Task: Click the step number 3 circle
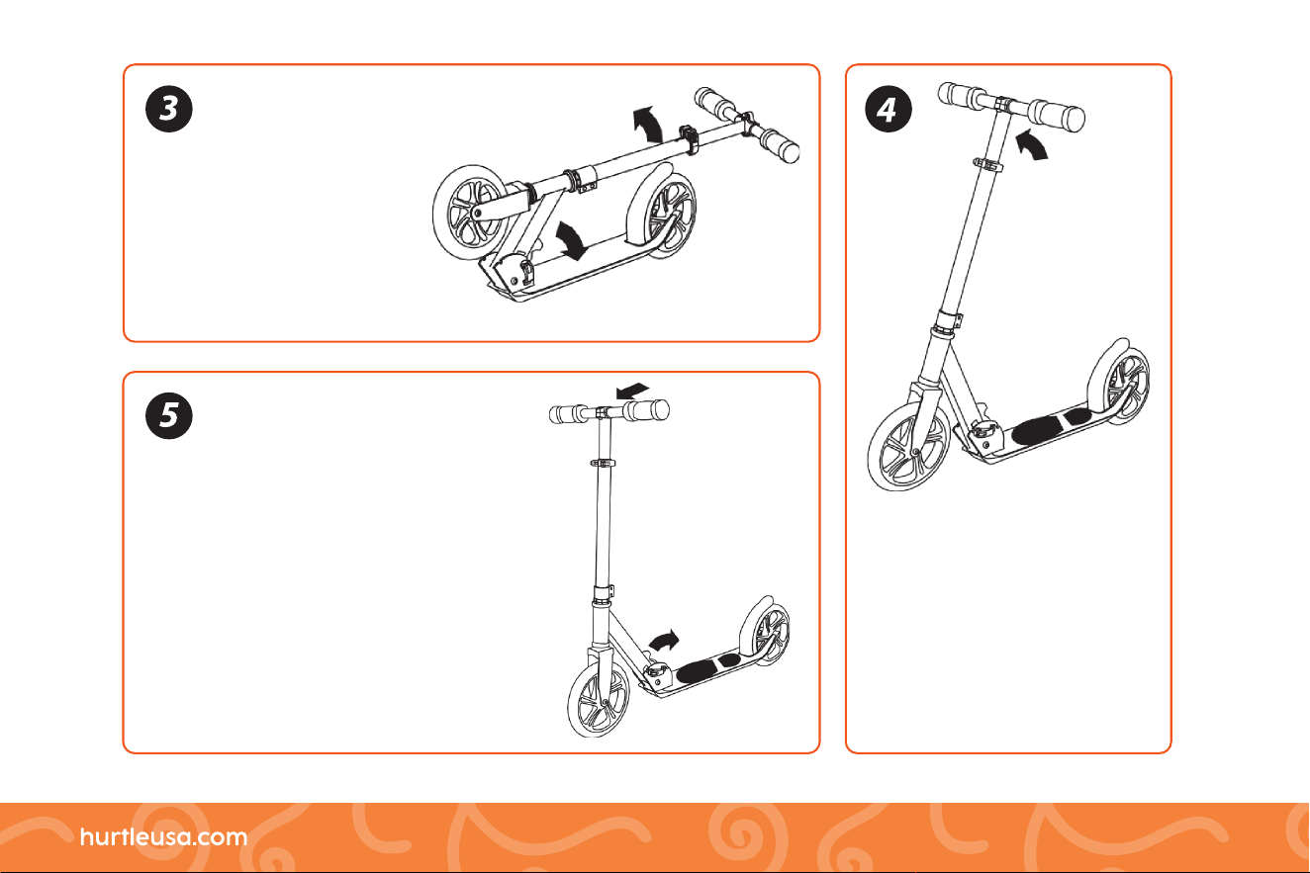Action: pyautogui.click(x=169, y=109)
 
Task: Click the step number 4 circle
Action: pyautogui.click(x=889, y=109)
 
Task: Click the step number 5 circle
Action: pyautogui.click(x=169, y=415)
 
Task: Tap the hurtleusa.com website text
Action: pyautogui.click(x=164, y=836)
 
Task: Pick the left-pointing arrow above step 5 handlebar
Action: pyautogui.click(x=633, y=391)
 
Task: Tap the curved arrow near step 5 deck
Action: pyautogui.click(x=665, y=641)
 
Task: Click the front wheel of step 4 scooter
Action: pyautogui.click(x=909, y=446)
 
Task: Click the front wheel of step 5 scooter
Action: pyautogui.click(x=599, y=699)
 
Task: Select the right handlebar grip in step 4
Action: pyautogui.click(x=1057, y=115)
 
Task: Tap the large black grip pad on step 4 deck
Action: pyautogui.click(x=1036, y=431)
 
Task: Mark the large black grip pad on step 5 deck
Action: pyautogui.click(x=697, y=672)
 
